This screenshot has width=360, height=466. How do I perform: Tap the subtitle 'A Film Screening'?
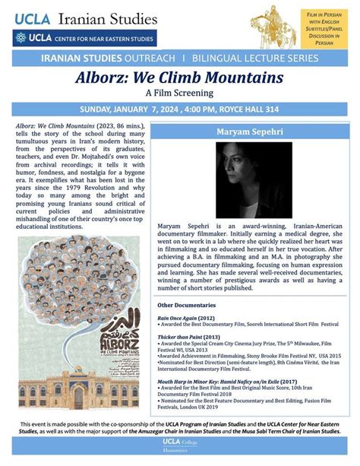tap(180, 93)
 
